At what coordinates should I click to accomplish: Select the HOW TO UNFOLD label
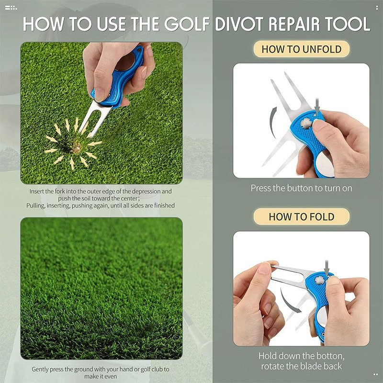point(302,49)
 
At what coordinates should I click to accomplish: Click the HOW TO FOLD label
point(302,216)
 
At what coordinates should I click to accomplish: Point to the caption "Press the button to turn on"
point(302,188)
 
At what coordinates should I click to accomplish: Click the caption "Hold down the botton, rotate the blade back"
point(302,361)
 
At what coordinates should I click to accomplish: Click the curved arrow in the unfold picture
point(273,122)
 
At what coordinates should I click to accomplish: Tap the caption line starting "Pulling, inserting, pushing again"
point(101,205)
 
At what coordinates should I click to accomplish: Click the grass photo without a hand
point(101,288)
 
